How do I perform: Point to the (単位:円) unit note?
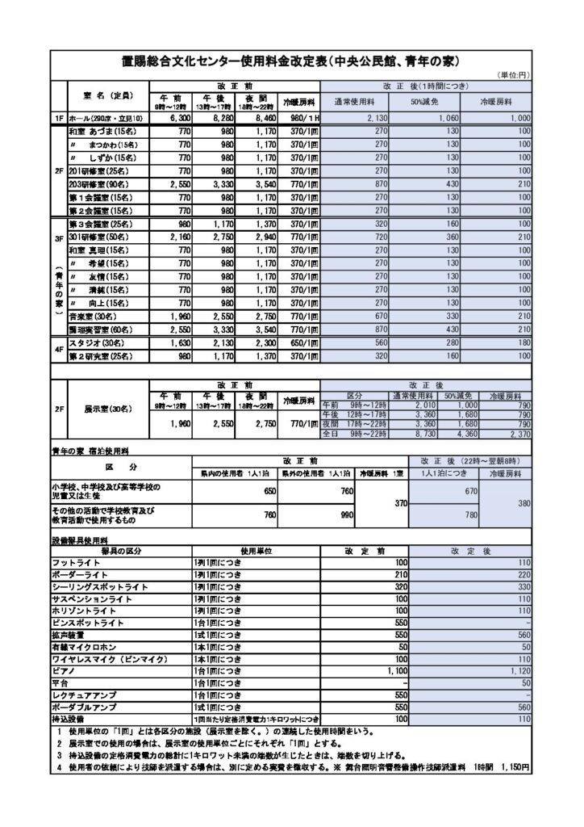(513, 74)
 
